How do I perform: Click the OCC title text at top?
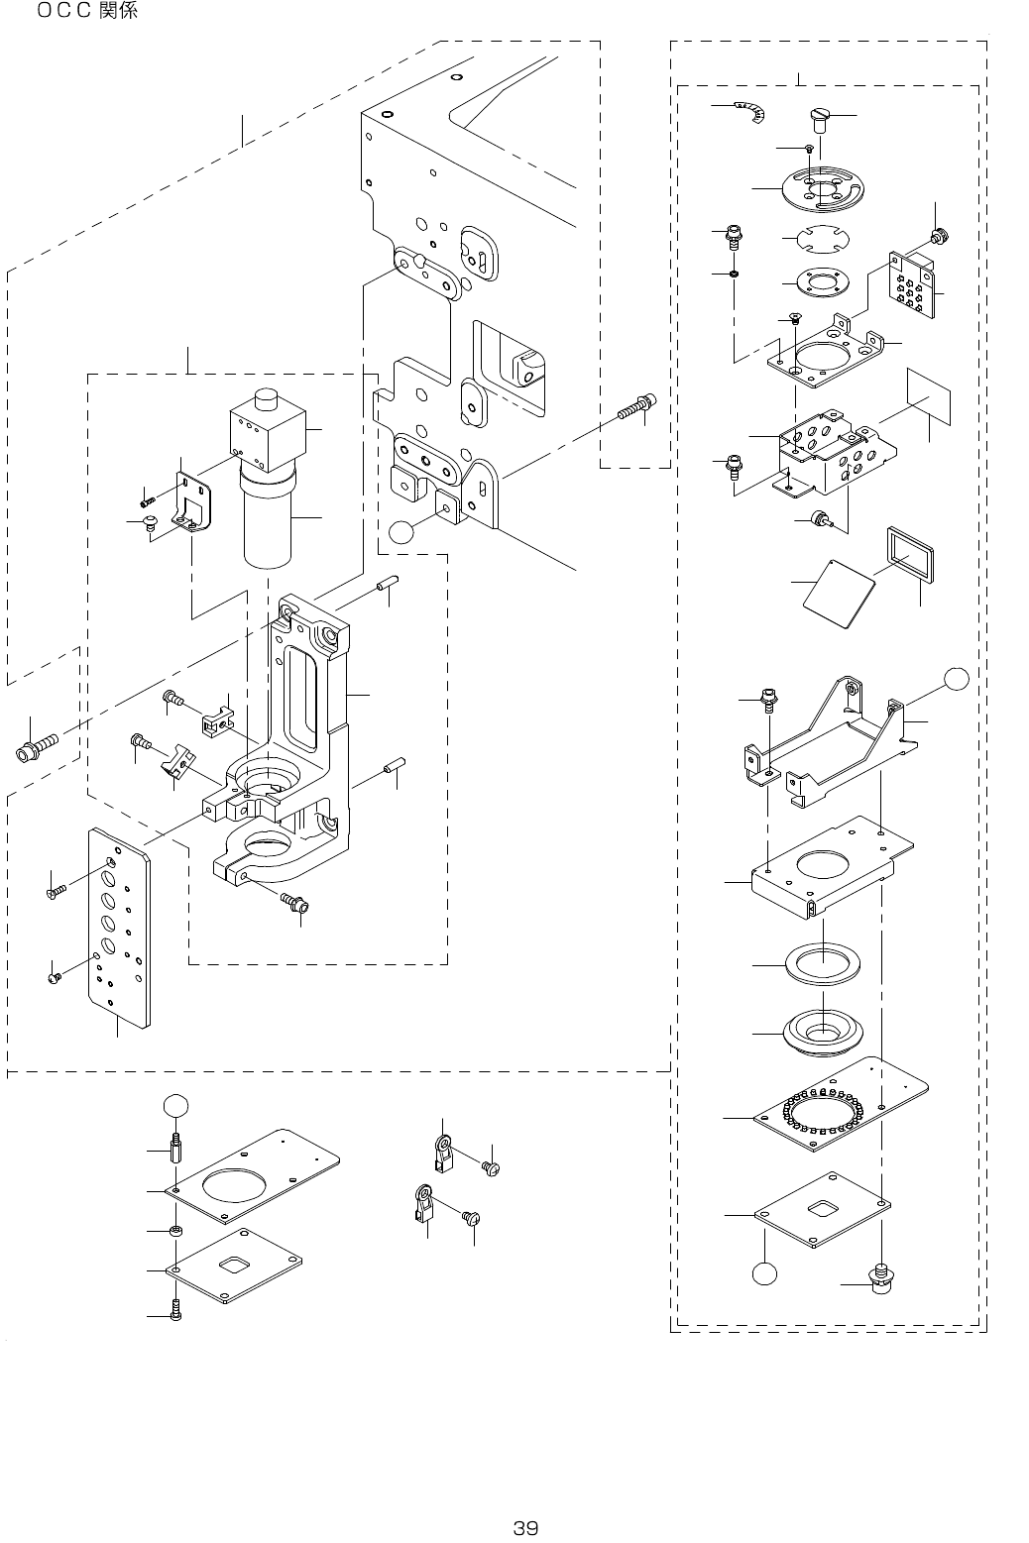pyautogui.click(x=87, y=12)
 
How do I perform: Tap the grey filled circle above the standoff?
pyautogui.click(x=174, y=1105)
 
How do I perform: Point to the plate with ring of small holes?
pyautogui.click(x=842, y=1107)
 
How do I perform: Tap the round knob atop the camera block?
pyautogui.click(x=264, y=398)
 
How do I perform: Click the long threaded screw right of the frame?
pyautogui.click(x=633, y=405)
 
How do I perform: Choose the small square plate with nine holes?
pyautogui.click(x=912, y=283)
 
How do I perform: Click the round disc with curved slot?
pyautogui.click(x=821, y=188)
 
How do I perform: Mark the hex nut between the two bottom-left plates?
pyautogui.click(x=175, y=1231)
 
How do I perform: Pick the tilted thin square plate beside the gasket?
pyautogui.click(x=839, y=591)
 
